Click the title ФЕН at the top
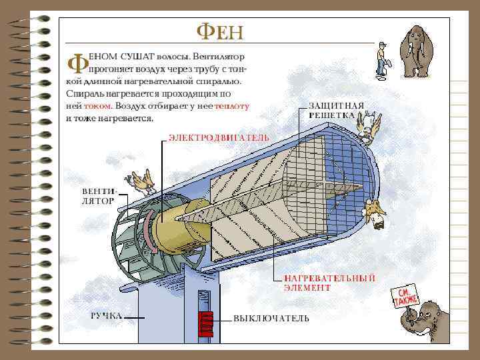[219, 31]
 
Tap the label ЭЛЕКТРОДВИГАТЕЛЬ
[219, 137]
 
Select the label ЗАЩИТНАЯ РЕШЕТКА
[335, 110]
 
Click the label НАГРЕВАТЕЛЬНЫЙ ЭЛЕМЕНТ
[329, 283]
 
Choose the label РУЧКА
[106, 315]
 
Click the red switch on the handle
[206, 321]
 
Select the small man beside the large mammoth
[381, 58]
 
